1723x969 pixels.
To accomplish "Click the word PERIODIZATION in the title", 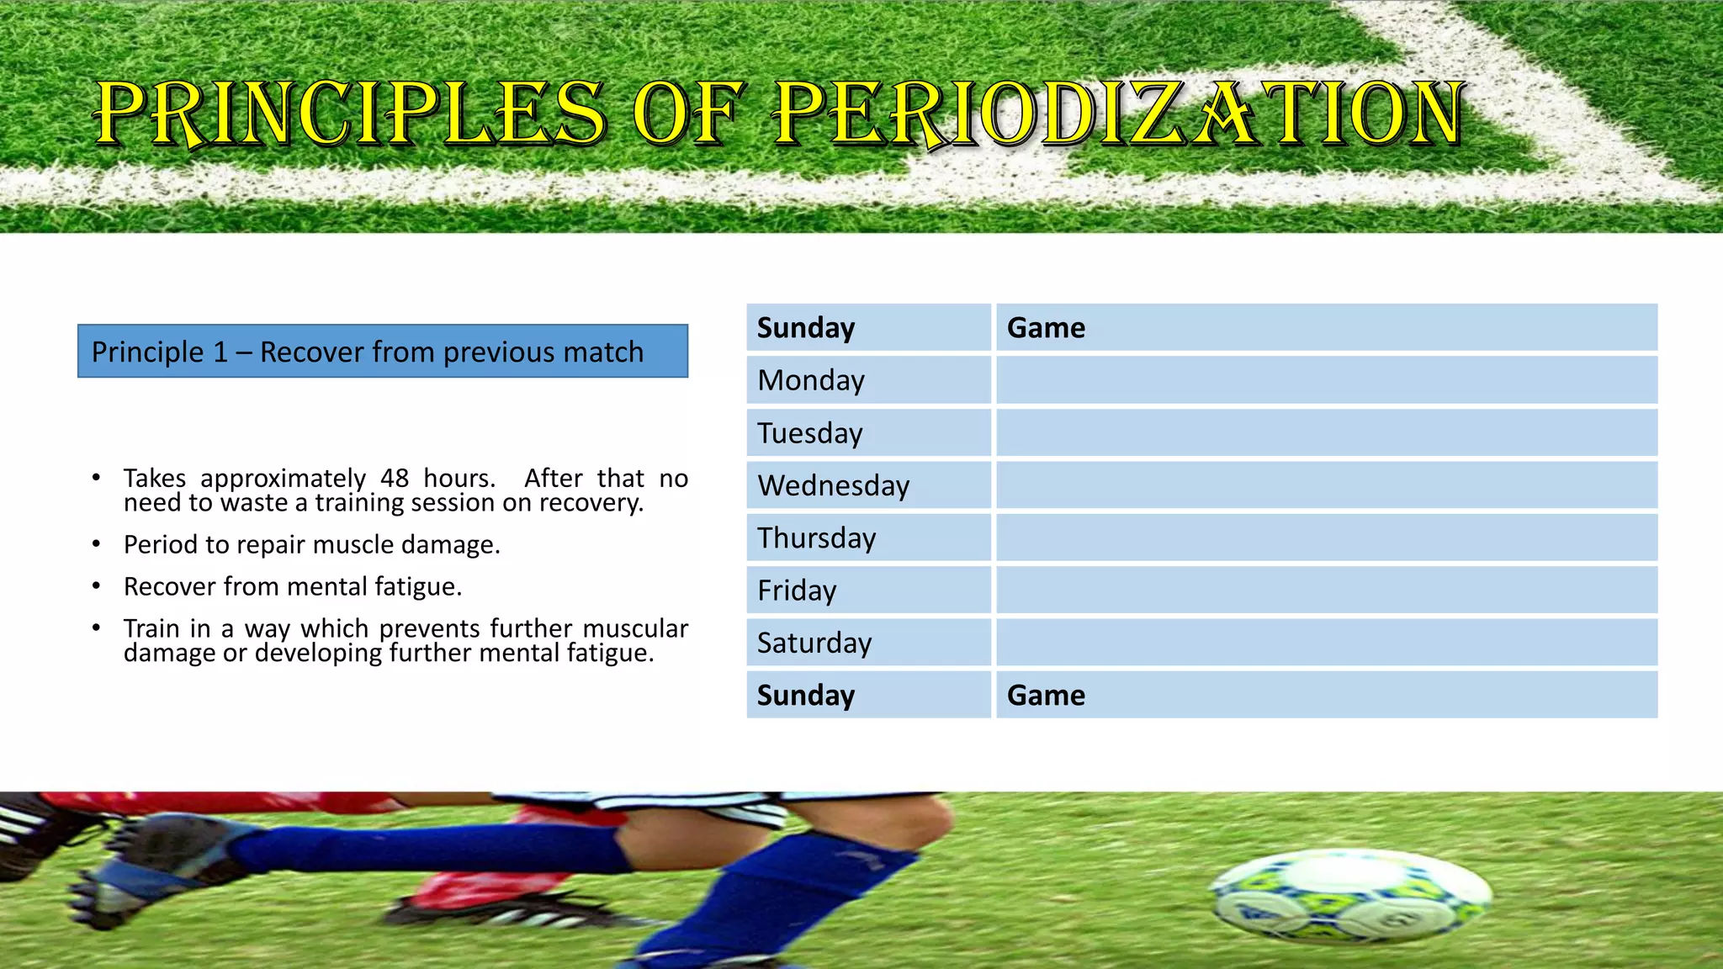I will [x=1119, y=114].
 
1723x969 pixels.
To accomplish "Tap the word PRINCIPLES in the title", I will [x=350, y=114].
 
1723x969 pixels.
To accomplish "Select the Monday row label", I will [x=811, y=380].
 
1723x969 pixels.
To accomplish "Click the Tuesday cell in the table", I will [x=809, y=433].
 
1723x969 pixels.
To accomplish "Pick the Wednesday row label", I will [x=833, y=485].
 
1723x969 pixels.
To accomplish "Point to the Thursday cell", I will [x=816, y=538].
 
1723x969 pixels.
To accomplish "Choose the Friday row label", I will [x=797, y=590].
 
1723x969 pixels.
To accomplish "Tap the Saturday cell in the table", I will [x=814, y=643].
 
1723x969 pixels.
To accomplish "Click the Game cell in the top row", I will [x=1046, y=327].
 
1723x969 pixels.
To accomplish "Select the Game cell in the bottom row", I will [x=1046, y=695].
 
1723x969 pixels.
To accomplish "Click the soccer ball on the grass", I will [x=1350, y=896].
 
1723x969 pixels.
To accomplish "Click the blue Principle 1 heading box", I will [x=383, y=352].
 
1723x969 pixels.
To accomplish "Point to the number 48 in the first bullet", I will [x=395, y=479].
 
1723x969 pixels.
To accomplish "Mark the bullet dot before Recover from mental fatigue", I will [x=97, y=586].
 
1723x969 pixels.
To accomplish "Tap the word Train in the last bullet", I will [x=152, y=628].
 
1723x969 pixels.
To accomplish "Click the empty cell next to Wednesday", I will [x=1326, y=485].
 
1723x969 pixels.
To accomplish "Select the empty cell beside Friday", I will [x=1326, y=590].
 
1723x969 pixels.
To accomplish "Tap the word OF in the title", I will [x=688, y=114].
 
